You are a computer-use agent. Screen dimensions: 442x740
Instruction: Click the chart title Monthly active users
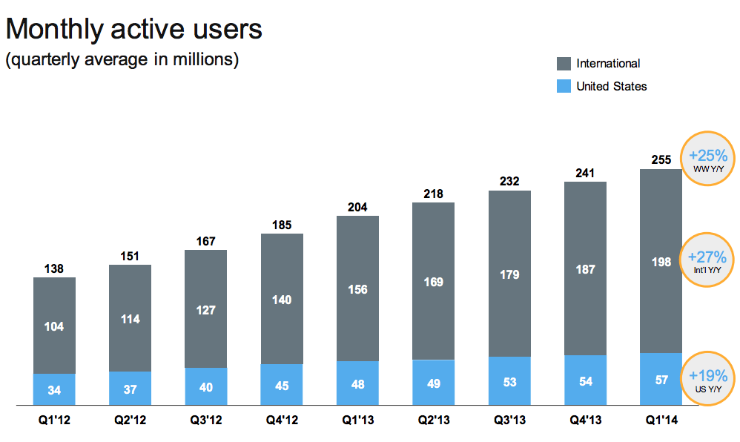point(134,30)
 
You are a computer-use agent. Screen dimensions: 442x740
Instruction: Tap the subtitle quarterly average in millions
point(122,60)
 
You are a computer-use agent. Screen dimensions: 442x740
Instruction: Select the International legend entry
point(607,64)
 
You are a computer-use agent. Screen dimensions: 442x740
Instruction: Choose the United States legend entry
point(611,87)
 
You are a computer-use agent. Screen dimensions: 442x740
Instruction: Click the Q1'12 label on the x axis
point(54,420)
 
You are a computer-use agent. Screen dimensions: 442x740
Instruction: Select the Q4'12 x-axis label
point(282,420)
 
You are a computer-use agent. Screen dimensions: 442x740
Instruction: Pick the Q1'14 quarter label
point(661,420)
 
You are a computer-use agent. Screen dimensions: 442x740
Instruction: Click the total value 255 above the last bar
point(661,159)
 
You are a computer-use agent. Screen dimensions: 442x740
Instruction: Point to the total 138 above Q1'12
point(54,267)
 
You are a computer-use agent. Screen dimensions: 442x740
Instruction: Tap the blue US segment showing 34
point(54,389)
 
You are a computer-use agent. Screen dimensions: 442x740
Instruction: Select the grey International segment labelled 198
point(661,261)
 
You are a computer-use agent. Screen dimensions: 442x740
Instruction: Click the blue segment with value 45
point(282,384)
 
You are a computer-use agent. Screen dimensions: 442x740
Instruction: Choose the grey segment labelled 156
point(357,289)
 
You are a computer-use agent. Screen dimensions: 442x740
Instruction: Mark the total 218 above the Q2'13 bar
point(433,194)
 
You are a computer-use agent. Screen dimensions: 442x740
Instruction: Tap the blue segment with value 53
point(509,381)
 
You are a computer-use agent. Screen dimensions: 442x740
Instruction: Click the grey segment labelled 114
point(130,319)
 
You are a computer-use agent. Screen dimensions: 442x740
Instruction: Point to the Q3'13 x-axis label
point(509,420)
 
